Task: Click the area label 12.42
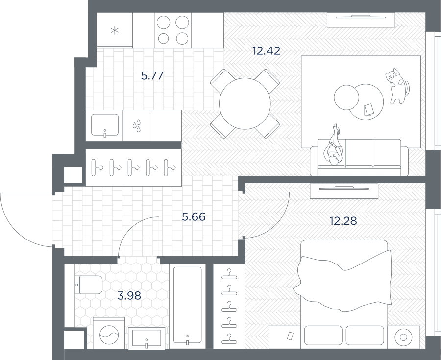pyautogui.click(x=266, y=51)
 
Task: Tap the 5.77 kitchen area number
pyautogui.click(x=152, y=76)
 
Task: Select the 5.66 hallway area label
pyautogui.click(x=194, y=217)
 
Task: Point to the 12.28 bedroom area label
pyautogui.click(x=343, y=221)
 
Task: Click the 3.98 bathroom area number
pyautogui.click(x=129, y=296)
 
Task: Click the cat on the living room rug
pyautogui.click(x=397, y=86)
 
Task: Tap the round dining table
pyautogui.click(x=245, y=103)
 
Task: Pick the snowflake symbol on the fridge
pyautogui.click(x=115, y=30)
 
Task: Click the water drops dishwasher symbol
pyautogui.click(x=137, y=126)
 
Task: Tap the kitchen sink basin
pyautogui.click(x=105, y=124)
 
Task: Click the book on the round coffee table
pyautogui.click(x=368, y=109)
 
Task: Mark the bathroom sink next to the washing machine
pyautogui.click(x=147, y=338)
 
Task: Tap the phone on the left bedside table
pyautogui.click(x=290, y=336)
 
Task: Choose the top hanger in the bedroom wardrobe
pyautogui.click(x=229, y=275)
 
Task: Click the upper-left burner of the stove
pyautogui.click(x=163, y=23)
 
